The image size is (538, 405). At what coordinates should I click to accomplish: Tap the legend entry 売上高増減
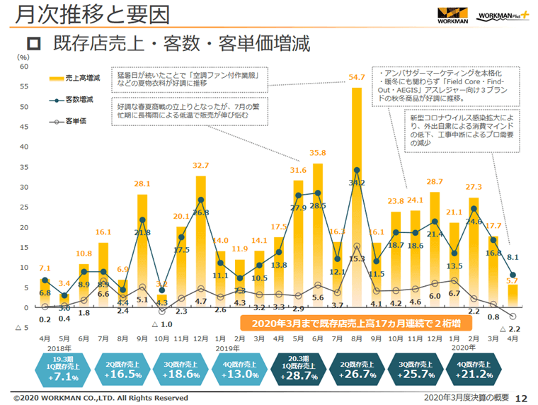coord(79,78)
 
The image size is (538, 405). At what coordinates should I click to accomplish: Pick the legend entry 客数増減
coord(79,101)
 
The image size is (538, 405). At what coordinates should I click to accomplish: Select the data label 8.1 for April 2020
coord(515,258)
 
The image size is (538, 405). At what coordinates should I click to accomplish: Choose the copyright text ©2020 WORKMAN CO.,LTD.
coord(101,398)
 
